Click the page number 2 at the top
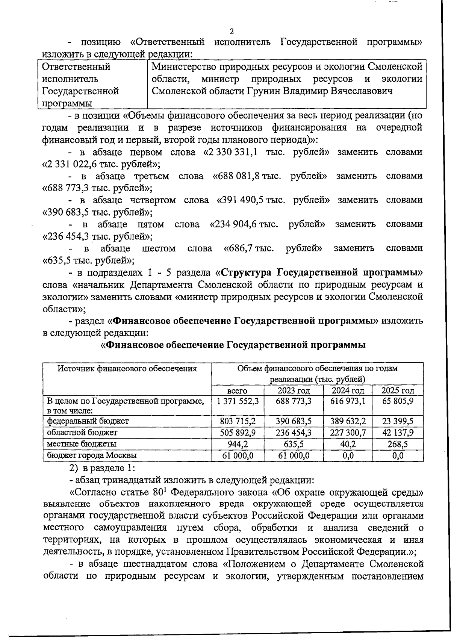coord(232,31)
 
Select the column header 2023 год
coord(294,390)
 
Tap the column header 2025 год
coord(398,390)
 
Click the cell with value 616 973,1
coord(348,401)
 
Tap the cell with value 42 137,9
coord(398,433)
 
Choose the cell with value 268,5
coord(398,444)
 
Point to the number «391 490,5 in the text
coord(240,200)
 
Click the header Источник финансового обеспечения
coord(127,369)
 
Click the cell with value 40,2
coord(348,444)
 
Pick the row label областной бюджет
coord(82,433)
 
